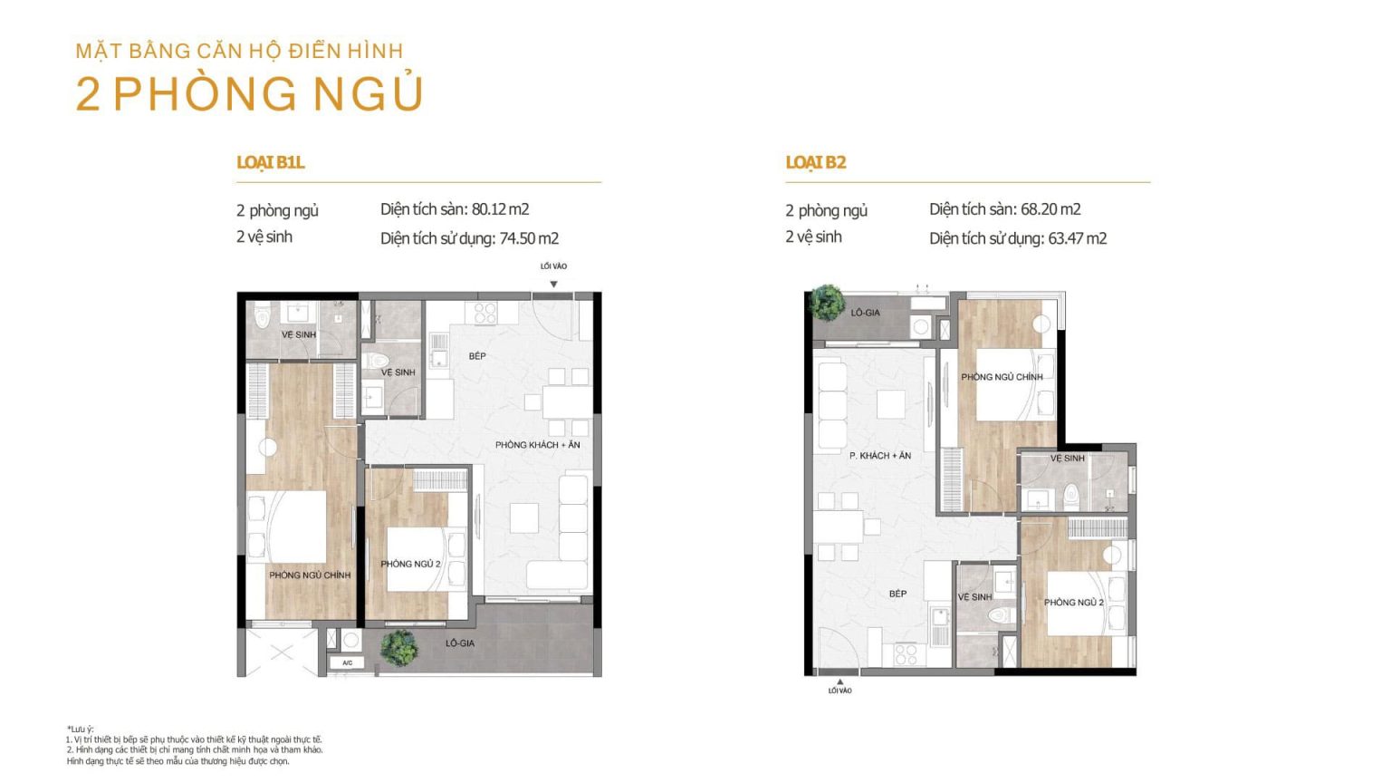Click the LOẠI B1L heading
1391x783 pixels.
click(x=270, y=162)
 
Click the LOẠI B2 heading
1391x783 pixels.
click(x=816, y=162)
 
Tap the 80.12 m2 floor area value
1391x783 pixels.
click(x=500, y=209)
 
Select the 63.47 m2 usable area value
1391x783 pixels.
click(x=1078, y=238)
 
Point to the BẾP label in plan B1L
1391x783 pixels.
click(x=477, y=356)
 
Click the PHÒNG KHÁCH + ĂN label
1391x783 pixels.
click(x=538, y=445)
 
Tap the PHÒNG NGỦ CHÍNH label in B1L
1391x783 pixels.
click(x=310, y=575)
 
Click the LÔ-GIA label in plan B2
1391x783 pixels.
click(x=865, y=313)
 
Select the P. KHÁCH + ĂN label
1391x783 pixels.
click(x=880, y=456)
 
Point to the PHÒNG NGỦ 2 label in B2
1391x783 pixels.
click(x=1074, y=602)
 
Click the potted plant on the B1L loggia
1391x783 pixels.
click(x=398, y=648)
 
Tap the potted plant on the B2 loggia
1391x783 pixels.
click(x=827, y=303)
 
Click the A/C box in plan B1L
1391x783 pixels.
click(x=347, y=663)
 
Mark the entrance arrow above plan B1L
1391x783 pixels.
click(x=553, y=284)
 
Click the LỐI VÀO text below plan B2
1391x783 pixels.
click(x=839, y=691)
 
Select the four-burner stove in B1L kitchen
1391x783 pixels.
click(x=485, y=313)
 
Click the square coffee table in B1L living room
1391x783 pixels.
click(x=523, y=517)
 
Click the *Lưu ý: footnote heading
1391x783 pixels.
click(x=80, y=729)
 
